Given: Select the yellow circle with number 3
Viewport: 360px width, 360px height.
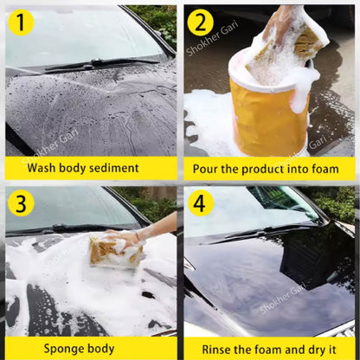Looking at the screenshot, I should tap(22, 204).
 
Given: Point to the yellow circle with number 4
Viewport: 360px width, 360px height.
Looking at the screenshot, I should tap(202, 204).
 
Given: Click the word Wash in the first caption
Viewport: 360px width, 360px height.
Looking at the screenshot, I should tap(44, 168).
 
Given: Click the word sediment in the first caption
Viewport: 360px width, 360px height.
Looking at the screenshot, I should tap(114, 168).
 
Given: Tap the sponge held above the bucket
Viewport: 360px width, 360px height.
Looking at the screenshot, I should tap(290, 39).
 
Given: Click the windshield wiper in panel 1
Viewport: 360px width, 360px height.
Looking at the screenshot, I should tap(87, 65).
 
